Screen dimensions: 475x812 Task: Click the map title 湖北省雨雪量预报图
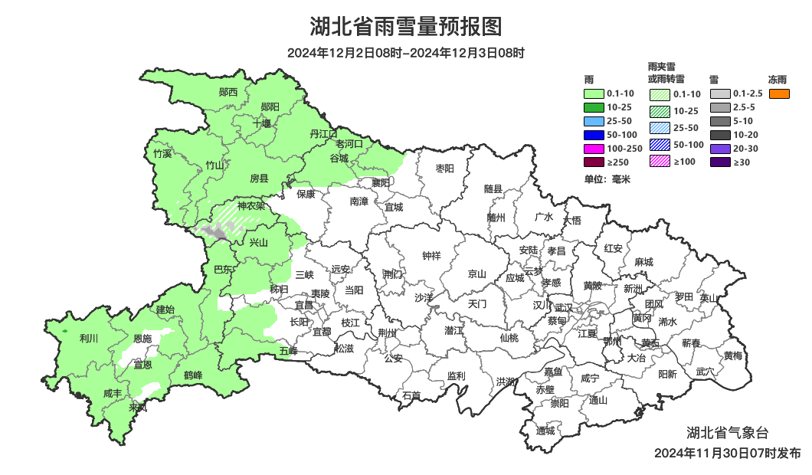[406, 27]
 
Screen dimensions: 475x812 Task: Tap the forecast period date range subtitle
[406, 54]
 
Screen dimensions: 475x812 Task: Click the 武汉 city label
[563, 306]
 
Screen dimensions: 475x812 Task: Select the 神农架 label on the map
[250, 206]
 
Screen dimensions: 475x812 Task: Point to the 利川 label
[89, 338]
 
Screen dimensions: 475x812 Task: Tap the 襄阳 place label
[381, 183]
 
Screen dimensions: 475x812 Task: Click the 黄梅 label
[733, 355]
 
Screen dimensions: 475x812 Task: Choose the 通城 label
[545, 431]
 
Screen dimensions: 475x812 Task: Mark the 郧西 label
[228, 93]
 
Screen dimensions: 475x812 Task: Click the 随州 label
[496, 218]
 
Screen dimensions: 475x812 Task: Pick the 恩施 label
[142, 339]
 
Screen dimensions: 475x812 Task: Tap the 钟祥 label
[432, 256]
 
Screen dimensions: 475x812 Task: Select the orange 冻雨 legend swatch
[779, 93]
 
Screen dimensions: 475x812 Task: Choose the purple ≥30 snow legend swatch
[720, 162]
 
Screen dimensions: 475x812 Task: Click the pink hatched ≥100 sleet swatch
[660, 161]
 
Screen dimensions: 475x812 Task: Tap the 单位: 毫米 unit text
[606, 179]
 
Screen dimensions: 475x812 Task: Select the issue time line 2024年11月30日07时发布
[727, 454]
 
